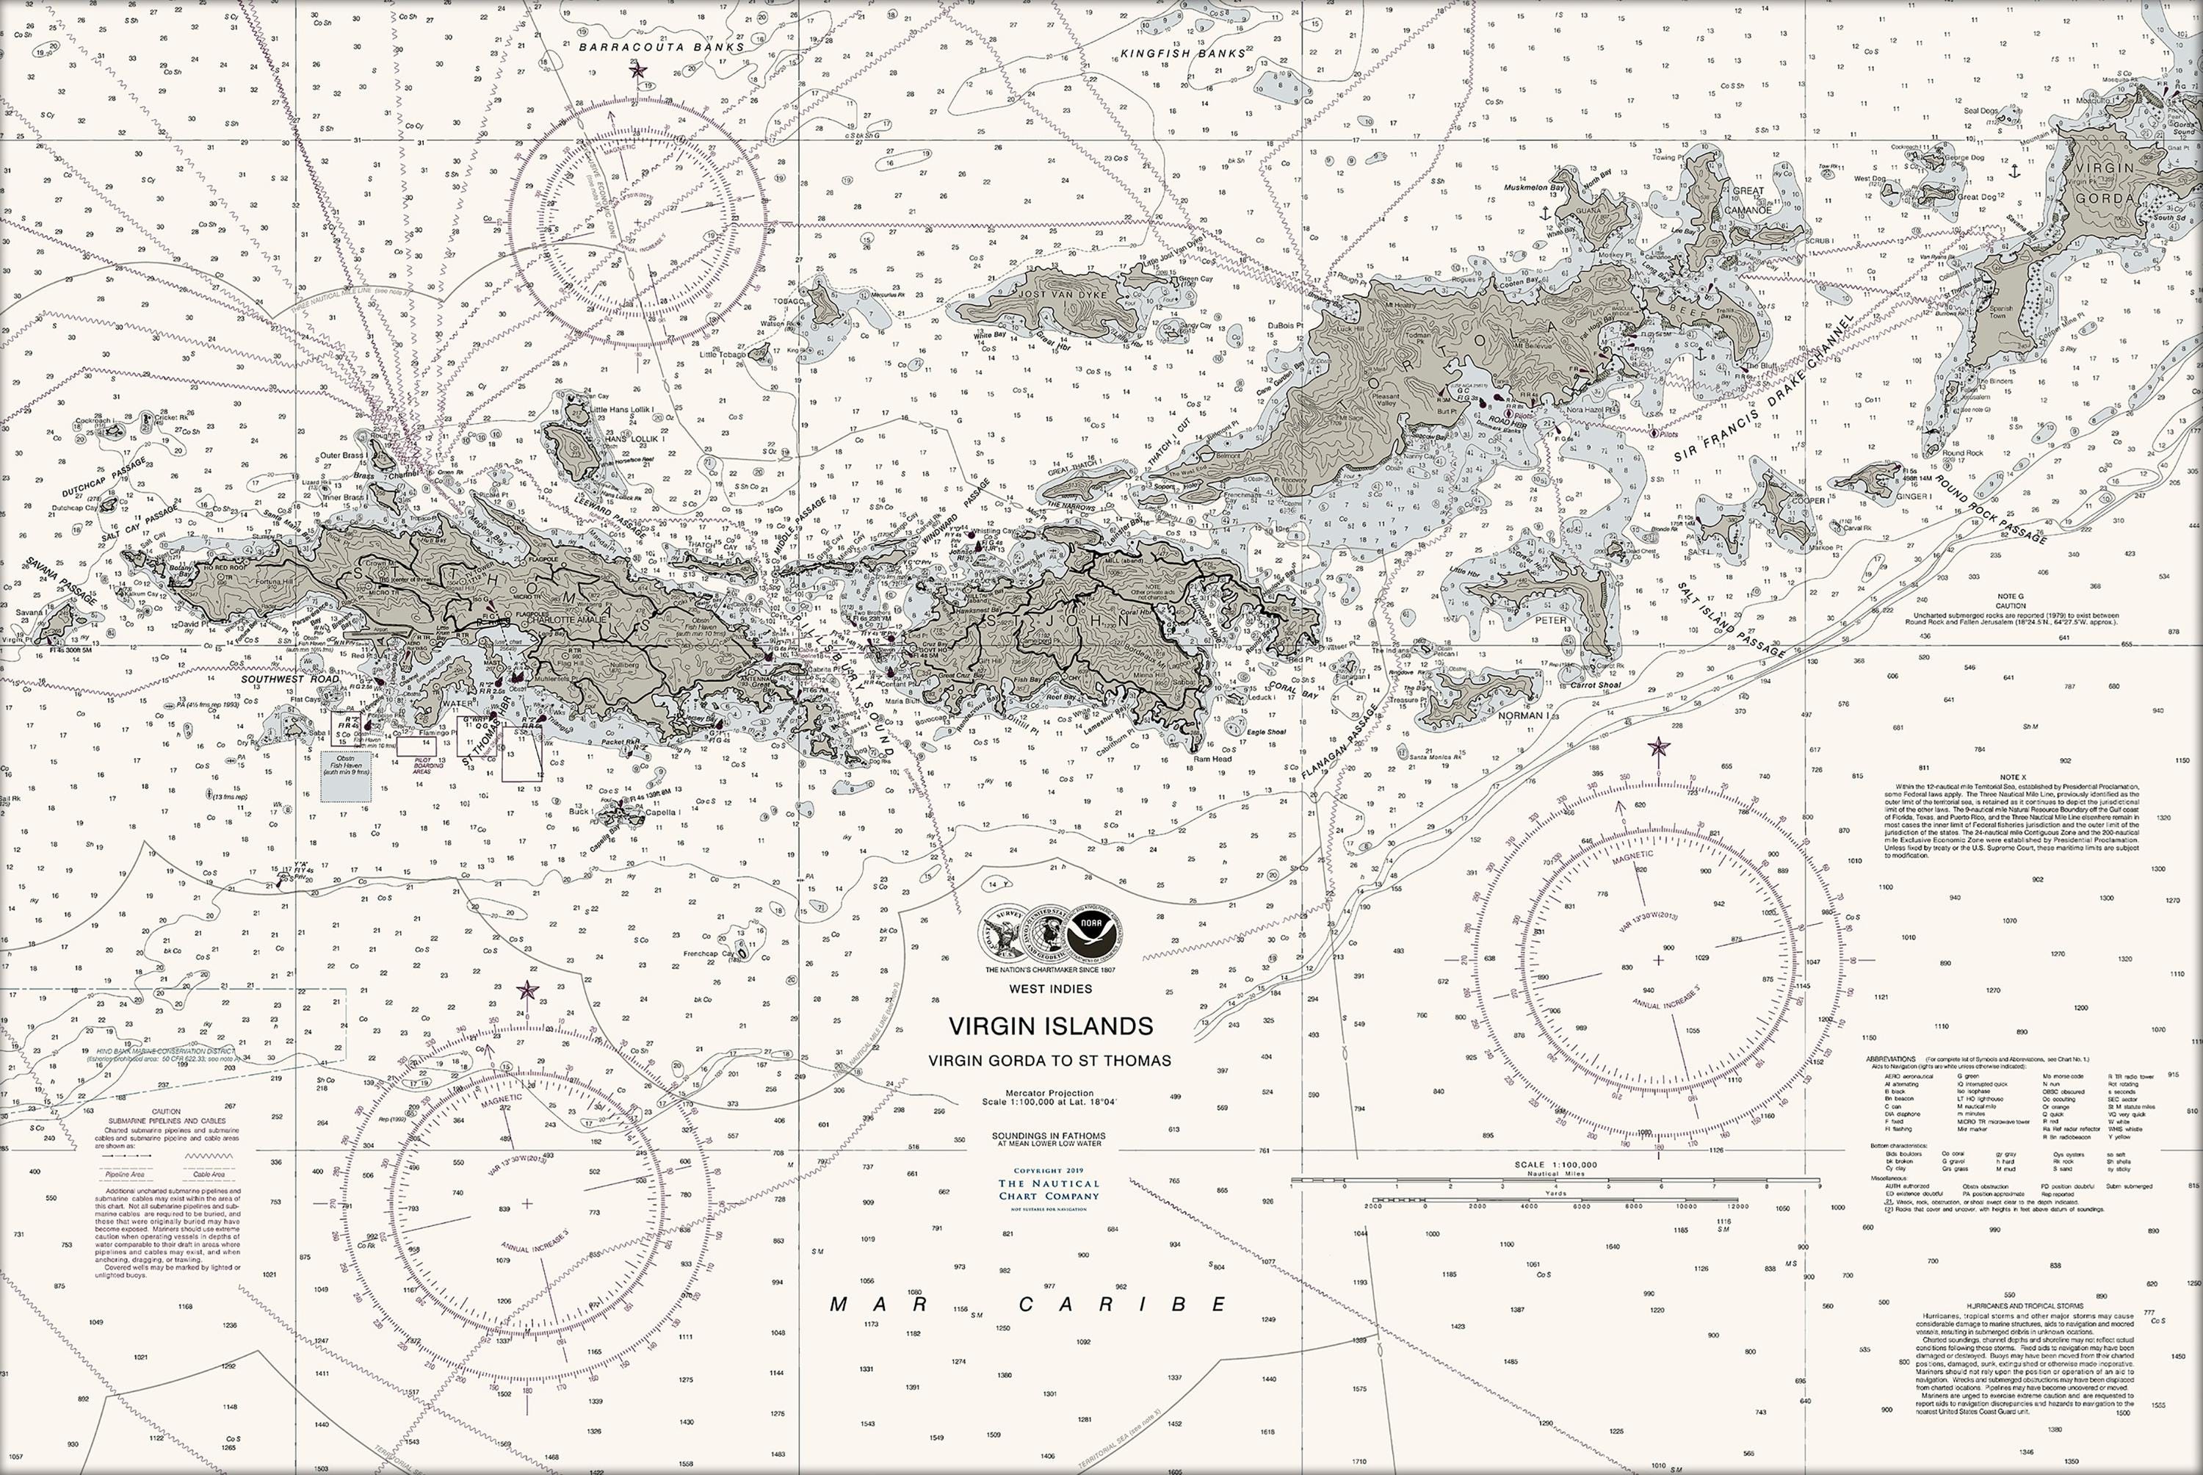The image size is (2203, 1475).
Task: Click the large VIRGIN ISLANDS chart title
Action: [x=1049, y=1025]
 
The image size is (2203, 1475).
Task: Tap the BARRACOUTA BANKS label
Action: [x=661, y=46]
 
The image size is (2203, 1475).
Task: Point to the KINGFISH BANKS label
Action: [x=1183, y=54]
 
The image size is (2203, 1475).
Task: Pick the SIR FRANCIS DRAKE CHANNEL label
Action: [x=1763, y=389]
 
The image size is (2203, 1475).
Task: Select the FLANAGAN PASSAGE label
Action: [x=1340, y=740]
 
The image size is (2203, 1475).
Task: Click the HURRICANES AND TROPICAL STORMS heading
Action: [x=2016, y=1305]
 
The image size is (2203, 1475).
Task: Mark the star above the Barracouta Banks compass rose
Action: [x=638, y=71]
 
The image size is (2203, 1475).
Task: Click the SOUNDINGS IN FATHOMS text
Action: [x=1049, y=1136]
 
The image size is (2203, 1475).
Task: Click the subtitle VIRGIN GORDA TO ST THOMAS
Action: [x=1049, y=1060]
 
